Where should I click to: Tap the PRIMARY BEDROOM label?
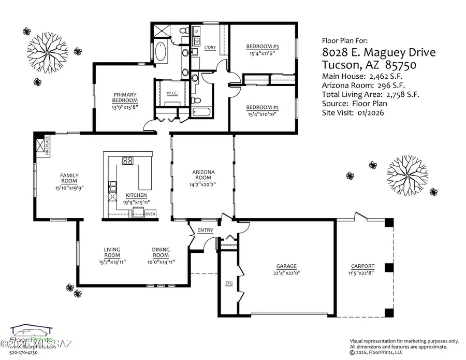[x=125, y=97]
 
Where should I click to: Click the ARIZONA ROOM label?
[x=203, y=175]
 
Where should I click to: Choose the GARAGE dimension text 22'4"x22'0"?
[x=287, y=272]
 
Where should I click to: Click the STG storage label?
[x=229, y=283]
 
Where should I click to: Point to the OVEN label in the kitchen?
[x=150, y=213]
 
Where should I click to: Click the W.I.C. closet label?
[x=172, y=94]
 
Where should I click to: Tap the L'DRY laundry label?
[x=210, y=48]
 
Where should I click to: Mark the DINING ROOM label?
[x=161, y=252]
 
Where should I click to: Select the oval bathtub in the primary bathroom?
[x=160, y=53]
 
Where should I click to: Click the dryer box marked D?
[x=197, y=31]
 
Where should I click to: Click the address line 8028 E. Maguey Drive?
[x=378, y=52]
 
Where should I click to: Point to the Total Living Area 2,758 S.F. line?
[x=370, y=94]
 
